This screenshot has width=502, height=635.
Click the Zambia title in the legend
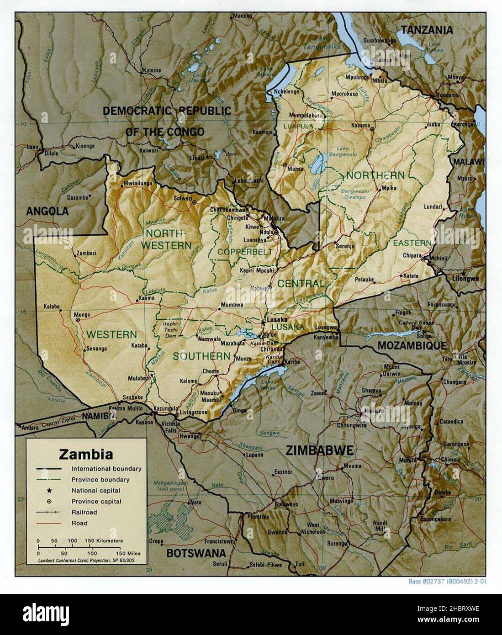tap(86, 455)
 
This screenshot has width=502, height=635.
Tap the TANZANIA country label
tap(427, 30)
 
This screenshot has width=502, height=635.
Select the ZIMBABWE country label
tap(319, 450)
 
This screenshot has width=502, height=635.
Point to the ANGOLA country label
tap(47, 211)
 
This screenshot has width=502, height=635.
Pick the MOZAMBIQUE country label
tap(412, 345)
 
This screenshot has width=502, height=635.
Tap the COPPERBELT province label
tap(245, 252)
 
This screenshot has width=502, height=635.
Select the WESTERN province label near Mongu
tap(111, 334)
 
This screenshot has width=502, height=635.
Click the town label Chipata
tap(412, 255)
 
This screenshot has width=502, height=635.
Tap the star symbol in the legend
tap(48, 490)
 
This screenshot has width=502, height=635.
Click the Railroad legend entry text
tap(84, 512)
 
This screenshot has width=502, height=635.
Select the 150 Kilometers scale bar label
tap(104, 540)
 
